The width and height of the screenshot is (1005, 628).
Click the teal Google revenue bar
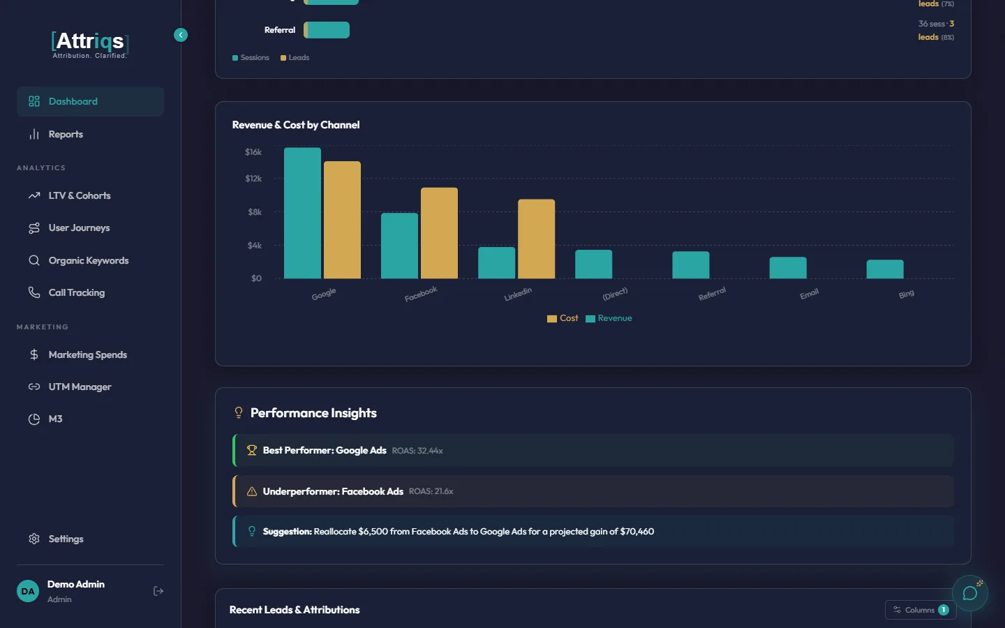coord(302,213)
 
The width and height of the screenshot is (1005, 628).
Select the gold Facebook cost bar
coord(439,233)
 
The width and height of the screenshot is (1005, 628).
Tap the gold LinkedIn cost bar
coord(536,239)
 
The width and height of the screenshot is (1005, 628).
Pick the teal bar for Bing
coord(884,269)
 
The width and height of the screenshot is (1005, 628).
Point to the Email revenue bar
coord(787,268)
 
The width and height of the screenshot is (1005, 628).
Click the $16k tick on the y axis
coord(253,152)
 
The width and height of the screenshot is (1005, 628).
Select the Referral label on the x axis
coord(712,294)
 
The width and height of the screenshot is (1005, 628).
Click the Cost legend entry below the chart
coord(563,318)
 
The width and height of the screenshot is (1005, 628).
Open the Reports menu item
coord(66,135)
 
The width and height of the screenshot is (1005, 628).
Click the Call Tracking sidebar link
coord(76,293)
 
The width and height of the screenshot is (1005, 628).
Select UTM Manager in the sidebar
coord(80,387)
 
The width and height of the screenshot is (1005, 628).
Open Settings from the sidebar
coord(66,539)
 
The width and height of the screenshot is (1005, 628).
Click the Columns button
coord(920,610)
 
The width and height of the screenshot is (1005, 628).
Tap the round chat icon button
coord(969,593)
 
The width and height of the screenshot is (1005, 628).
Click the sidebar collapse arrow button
coord(181,35)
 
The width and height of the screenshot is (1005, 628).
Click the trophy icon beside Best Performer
coord(252,451)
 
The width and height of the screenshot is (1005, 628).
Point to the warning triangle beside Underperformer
coord(252,492)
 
